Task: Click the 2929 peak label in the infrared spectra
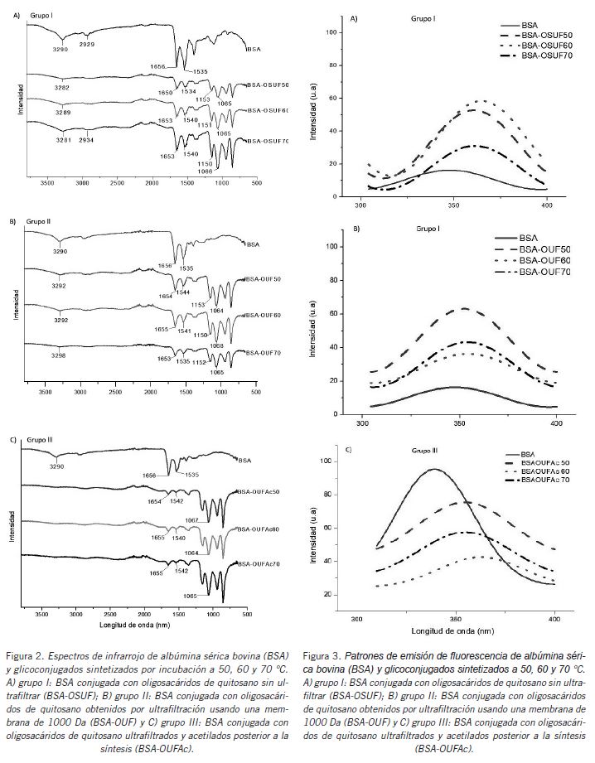[x=87, y=43]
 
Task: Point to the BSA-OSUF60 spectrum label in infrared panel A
[x=268, y=110]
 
